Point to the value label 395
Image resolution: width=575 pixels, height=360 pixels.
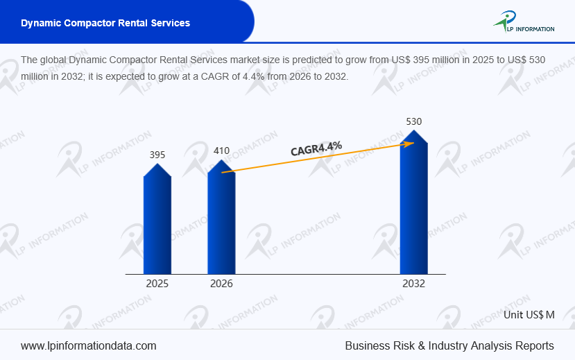click(x=157, y=155)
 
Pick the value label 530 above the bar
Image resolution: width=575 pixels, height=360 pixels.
click(x=413, y=121)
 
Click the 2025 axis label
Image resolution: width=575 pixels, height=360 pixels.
click(x=157, y=284)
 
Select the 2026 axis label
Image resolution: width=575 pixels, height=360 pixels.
click(x=221, y=284)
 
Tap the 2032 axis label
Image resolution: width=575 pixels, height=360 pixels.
click(x=413, y=284)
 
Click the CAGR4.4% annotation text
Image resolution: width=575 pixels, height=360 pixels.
click(x=316, y=149)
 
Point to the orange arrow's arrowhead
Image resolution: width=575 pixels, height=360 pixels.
click(x=410, y=143)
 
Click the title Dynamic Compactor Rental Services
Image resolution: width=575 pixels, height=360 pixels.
click(x=105, y=23)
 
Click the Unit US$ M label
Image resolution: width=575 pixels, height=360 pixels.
click(x=529, y=314)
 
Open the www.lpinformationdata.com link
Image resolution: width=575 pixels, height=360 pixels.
click(x=89, y=345)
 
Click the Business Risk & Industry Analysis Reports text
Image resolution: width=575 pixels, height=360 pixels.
click(x=449, y=345)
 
